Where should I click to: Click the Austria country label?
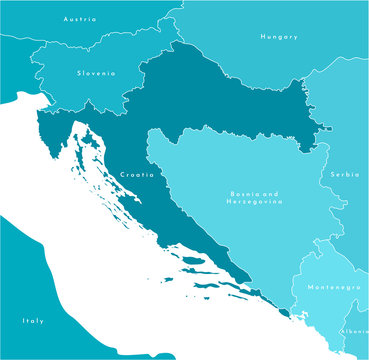coord(80,19)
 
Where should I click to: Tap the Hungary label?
coord(279,37)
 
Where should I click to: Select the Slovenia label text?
coord(96,73)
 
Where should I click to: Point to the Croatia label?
coord(137,175)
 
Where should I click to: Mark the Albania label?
coord(354,331)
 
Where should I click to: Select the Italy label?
coord(33,321)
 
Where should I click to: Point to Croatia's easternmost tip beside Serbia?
coord(326,127)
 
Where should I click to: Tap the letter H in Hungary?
coord(262,37)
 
